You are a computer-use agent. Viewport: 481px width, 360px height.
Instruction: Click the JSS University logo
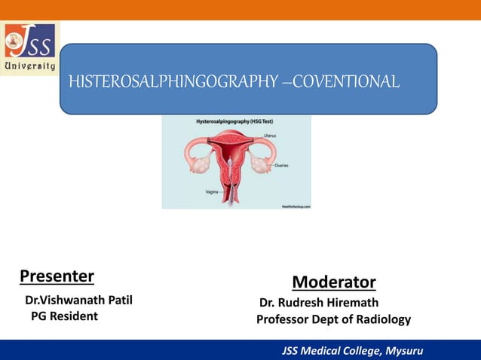coord(30,47)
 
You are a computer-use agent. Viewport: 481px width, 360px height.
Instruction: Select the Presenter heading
coord(57,276)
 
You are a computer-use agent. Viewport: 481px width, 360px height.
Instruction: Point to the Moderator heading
coord(333,282)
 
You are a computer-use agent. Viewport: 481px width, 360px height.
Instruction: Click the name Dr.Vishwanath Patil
coord(79,301)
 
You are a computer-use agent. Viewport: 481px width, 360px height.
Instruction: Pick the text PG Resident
coord(64,316)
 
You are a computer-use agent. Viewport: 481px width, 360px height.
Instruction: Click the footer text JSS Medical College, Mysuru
coord(353,351)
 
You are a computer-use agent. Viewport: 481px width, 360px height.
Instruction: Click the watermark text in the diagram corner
coord(296,205)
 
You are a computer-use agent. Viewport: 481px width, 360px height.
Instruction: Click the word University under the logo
coord(30,66)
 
